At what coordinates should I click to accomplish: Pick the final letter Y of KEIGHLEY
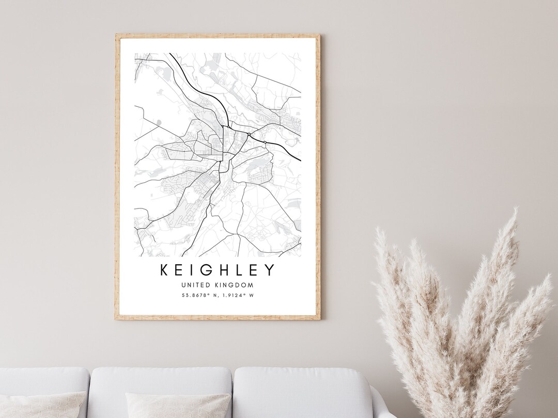[x=269, y=270]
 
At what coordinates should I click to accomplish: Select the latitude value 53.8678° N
[x=198, y=295]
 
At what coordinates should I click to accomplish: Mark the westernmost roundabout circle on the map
[x=229, y=126]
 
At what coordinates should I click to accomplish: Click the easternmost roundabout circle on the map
[x=265, y=142]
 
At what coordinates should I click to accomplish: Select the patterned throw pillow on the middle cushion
[x=178, y=405]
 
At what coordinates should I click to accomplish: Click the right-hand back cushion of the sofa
[x=302, y=392]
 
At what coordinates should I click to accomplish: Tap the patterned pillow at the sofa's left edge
[x=41, y=405]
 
